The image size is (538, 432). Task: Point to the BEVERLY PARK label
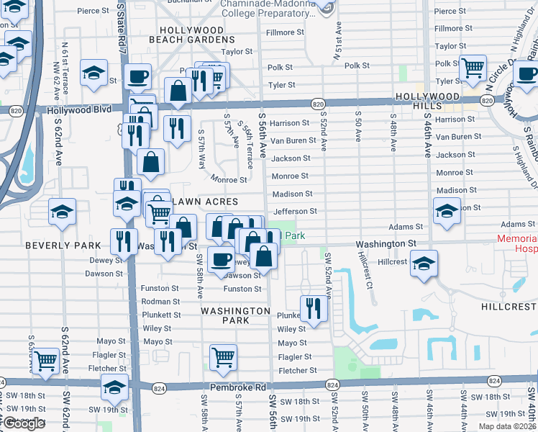point(64,246)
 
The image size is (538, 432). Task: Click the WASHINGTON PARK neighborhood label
point(235,311)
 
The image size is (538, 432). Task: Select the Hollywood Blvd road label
point(79,110)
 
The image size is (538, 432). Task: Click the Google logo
point(24,423)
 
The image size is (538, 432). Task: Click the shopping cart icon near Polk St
point(473,68)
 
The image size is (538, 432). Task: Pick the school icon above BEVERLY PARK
point(62,212)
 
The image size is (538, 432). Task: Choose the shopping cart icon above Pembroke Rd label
point(223,356)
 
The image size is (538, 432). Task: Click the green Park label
point(296,235)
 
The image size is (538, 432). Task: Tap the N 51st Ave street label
point(337,42)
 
